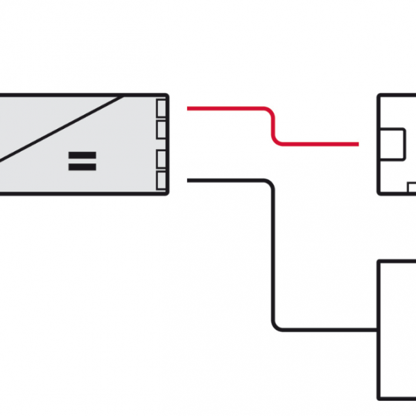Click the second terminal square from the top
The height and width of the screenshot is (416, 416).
(162, 128)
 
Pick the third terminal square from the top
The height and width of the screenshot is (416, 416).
(162, 159)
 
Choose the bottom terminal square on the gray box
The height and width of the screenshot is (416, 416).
(162, 180)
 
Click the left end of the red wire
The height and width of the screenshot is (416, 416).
(189, 108)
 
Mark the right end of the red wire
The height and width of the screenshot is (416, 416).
(357, 144)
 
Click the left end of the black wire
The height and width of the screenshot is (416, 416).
(189, 181)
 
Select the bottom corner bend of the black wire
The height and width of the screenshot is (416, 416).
(275, 327)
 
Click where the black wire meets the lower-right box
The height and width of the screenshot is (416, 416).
(377, 329)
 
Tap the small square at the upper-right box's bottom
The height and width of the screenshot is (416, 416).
(411, 187)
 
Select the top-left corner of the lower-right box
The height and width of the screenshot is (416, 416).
(379, 261)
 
